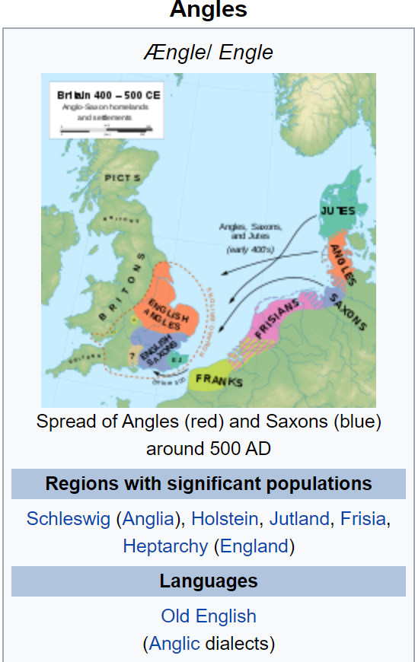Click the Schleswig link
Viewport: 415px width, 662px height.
(x=69, y=519)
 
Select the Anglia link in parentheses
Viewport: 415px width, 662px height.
(x=148, y=519)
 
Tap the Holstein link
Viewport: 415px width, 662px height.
(x=225, y=519)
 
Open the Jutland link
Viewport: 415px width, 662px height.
(x=299, y=519)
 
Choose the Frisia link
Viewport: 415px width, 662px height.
(x=363, y=519)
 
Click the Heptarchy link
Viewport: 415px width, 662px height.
(x=164, y=546)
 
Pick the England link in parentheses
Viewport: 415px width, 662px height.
(x=254, y=546)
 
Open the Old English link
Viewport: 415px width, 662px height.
(x=208, y=616)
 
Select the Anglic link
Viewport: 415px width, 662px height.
(x=174, y=644)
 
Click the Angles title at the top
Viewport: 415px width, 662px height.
(x=208, y=10)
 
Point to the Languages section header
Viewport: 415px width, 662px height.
(x=208, y=581)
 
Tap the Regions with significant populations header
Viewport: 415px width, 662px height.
(x=208, y=484)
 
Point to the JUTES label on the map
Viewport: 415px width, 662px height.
(x=337, y=210)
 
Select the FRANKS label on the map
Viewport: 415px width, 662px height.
(x=219, y=379)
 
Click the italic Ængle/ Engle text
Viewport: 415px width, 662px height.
(x=208, y=53)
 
